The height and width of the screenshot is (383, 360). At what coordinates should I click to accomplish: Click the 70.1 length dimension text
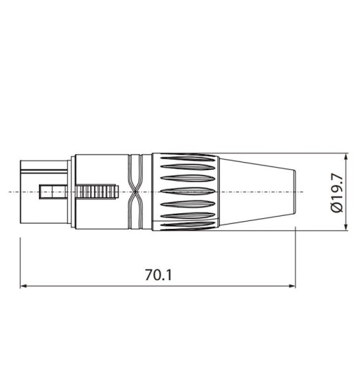[158, 274]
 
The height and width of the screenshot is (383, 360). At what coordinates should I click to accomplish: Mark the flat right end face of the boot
[296, 191]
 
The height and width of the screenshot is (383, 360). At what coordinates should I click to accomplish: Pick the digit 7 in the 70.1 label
[149, 274]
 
